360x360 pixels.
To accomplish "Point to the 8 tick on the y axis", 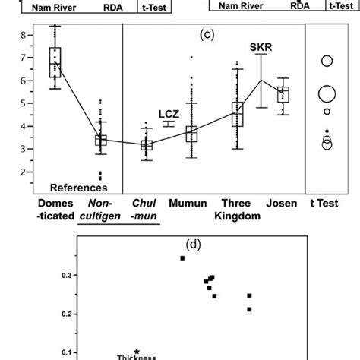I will (24, 35).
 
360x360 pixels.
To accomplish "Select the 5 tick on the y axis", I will (24, 103).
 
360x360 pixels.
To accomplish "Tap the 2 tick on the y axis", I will (24, 172).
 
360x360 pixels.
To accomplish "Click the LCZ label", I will (169, 114).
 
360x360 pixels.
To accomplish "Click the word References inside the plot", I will (77, 187).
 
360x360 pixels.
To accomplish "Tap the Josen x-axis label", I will (283, 204).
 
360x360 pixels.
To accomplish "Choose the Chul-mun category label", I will (144, 210).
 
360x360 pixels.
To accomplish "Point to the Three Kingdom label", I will (236, 210).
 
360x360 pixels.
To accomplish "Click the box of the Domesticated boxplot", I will (55, 62).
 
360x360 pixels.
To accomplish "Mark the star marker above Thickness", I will (136, 351).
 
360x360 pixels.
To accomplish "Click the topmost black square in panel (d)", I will (182, 258).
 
